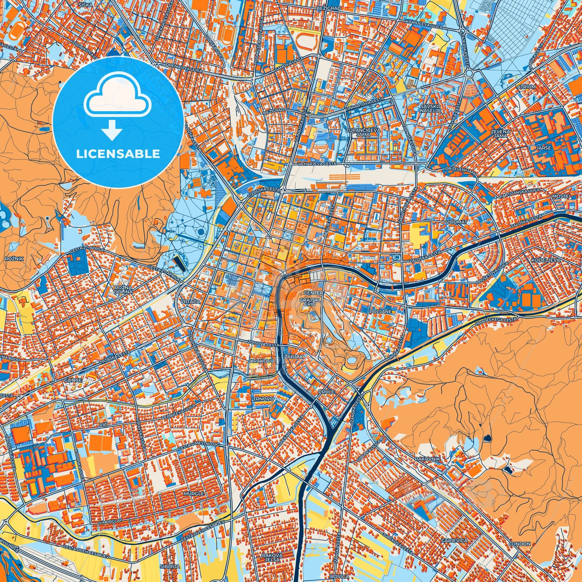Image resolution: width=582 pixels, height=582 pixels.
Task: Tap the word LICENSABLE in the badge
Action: click(118, 154)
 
